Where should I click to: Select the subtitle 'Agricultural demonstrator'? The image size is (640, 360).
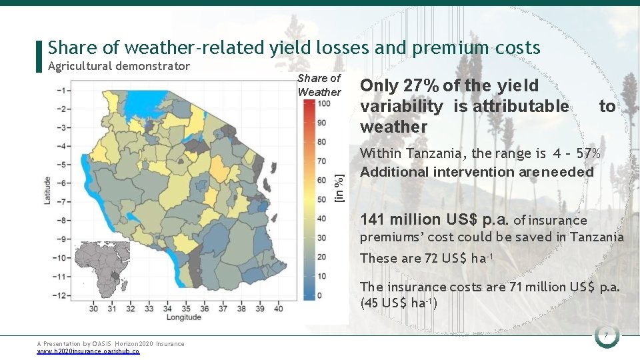click(119, 66)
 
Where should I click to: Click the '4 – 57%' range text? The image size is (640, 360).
click(577, 153)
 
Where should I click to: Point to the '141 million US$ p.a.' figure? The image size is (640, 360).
click(435, 219)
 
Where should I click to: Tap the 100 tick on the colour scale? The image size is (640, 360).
click(321, 103)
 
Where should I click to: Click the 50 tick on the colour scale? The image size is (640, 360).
click(321, 199)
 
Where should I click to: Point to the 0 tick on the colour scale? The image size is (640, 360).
click(320, 295)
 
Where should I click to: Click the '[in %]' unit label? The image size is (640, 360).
click(339, 187)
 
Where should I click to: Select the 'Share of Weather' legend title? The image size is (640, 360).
click(319, 85)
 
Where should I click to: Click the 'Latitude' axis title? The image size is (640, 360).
click(47, 190)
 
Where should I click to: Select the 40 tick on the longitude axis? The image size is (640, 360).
click(278, 308)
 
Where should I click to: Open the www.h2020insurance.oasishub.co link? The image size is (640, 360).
click(88, 351)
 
